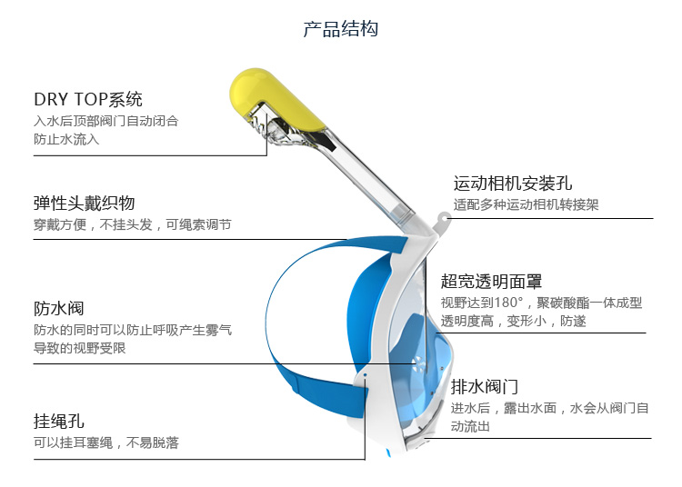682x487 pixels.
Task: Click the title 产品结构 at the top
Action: (x=340, y=29)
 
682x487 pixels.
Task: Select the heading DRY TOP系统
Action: (x=88, y=99)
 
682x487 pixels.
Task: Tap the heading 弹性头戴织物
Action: (x=85, y=203)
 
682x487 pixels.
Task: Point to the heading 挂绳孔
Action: (x=59, y=421)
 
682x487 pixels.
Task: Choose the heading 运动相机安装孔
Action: (x=513, y=184)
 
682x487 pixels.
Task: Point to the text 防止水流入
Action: (x=66, y=139)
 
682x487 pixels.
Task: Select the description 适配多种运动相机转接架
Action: (x=526, y=205)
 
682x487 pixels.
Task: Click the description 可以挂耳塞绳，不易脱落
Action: (x=106, y=442)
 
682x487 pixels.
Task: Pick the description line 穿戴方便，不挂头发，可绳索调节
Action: (x=133, y=224)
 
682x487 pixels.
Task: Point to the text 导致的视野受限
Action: (x=80, y=348)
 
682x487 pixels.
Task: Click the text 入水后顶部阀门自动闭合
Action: (x=106, y=121)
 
